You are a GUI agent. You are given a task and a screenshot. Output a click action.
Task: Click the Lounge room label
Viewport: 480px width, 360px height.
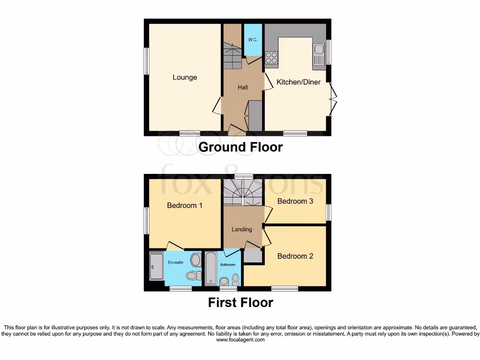185,77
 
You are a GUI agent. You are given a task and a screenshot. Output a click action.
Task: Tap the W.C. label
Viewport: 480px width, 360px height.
253,40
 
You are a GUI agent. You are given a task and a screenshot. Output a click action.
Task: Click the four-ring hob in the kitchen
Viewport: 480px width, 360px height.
271,58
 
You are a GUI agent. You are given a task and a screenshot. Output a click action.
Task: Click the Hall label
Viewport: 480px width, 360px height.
242,87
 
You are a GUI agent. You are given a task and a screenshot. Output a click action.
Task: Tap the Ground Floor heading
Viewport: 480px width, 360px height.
240,147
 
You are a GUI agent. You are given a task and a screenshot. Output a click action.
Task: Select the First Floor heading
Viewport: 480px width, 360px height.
240,302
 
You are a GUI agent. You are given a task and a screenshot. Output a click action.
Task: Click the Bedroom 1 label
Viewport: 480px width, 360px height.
185,205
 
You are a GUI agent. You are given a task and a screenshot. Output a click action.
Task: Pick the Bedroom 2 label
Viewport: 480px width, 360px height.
295,256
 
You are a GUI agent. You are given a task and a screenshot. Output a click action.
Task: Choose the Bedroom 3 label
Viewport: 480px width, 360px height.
295,201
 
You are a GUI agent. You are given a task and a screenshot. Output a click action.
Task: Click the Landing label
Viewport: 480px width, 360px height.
242,229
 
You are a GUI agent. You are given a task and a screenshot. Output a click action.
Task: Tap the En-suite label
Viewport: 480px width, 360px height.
176,262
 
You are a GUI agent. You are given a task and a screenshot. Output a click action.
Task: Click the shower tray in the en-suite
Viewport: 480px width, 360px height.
156,267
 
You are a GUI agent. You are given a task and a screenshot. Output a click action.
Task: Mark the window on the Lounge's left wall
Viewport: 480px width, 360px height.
147,61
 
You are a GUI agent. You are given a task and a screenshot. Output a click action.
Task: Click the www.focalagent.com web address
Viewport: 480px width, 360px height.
240,340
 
